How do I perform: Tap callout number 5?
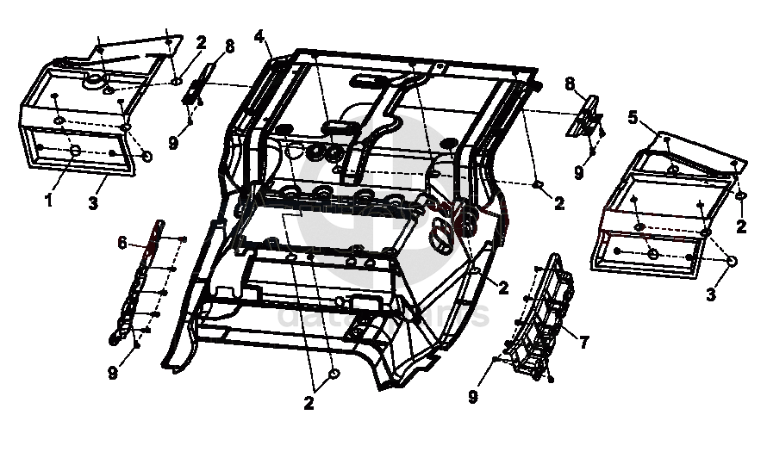(633, 117)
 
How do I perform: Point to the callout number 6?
(123, 244)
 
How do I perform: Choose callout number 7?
(583, 343)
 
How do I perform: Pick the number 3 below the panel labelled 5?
(711, 294)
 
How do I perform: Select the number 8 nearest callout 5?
(571, 83)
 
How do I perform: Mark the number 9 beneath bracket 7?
(473, 397)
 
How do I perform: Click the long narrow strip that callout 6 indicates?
(138, 284)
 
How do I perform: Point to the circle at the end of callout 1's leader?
(75, 152)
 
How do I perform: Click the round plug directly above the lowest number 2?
(334, 374)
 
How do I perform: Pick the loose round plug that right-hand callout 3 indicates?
(733, 262)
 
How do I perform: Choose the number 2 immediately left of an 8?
(201, 41)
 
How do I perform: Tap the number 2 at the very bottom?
(308, 400)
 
